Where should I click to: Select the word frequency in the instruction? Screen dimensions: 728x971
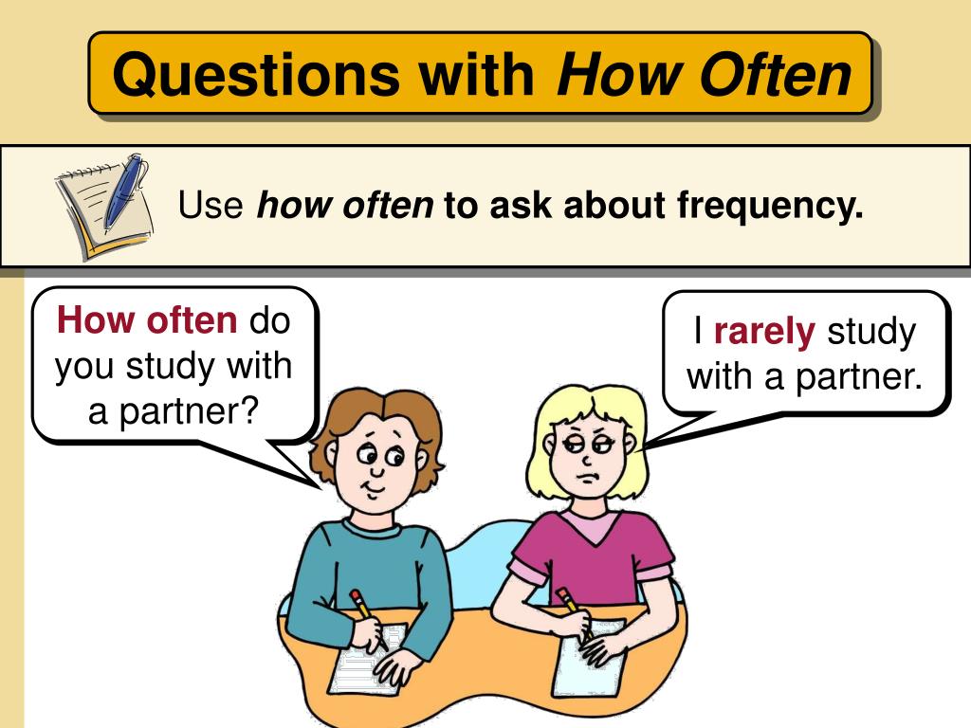pyautogui.click(x=770, y=205)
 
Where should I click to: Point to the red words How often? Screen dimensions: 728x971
pyautogui.click(x=147, y=321)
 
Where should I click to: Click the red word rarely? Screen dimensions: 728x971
pyautogui.click(x=764, y=332)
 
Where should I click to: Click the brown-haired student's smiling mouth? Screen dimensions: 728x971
pyautogui.click(x=373, y=487)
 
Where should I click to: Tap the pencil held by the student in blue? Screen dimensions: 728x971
pyautogui.click(x=363, y=608)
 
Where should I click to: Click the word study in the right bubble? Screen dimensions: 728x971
pyautogui.click(x=871, y=332)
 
